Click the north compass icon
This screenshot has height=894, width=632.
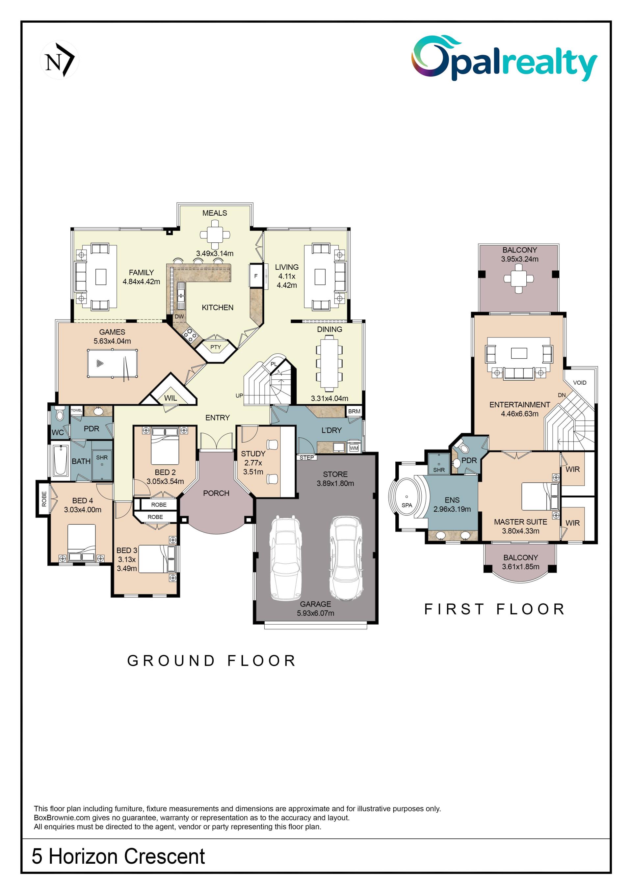point(59,60)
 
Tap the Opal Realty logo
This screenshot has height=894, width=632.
point(504,58)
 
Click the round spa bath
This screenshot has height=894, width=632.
point(407,500)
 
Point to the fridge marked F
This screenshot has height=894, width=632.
point(256,276)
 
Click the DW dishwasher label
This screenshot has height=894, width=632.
point(179,316)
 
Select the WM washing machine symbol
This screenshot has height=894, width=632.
point(354,448)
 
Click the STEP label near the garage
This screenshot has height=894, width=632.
point(307,457)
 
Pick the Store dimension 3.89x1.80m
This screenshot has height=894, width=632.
point(335,483)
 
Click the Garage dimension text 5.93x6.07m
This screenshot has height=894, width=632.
point(315,613)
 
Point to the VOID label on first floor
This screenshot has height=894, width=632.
point(579,382)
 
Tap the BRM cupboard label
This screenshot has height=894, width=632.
point(354,411)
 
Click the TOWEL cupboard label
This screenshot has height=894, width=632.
point(76,410)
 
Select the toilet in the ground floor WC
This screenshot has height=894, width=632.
point(60,414)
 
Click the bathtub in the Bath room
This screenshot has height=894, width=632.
point(61,460)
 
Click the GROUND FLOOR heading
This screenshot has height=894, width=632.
point(212,661)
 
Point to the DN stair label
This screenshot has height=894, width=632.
point(562,395)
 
